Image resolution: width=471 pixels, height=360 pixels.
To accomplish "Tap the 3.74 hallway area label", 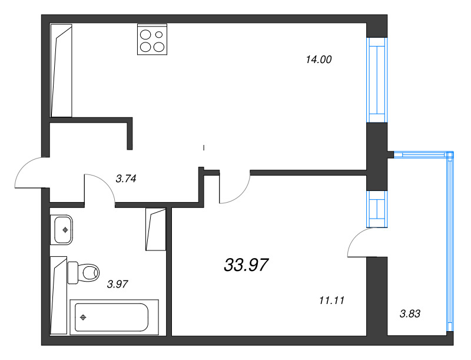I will (x=126, y=179).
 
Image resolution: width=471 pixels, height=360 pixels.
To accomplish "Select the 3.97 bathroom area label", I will (x=117, y=284).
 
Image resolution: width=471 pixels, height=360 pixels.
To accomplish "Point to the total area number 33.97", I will (x=246, y=265).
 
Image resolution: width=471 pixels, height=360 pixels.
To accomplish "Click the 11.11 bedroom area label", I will (x=331, y=300).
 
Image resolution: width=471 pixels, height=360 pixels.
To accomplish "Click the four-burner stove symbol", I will (x=151, y=39).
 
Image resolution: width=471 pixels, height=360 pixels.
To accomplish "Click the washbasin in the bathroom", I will (x=63, y=229).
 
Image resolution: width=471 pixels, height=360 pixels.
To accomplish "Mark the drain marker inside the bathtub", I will (x=83, y=318).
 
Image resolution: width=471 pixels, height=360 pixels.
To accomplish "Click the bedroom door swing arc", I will (x=235, y=189).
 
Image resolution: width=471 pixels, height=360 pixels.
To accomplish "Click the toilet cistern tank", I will (x=73, y=272).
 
